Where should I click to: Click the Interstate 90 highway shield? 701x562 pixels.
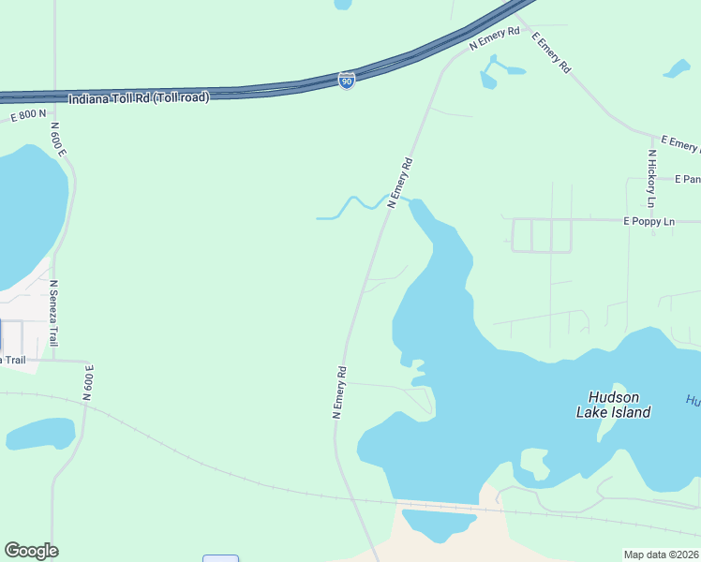coord(347,81)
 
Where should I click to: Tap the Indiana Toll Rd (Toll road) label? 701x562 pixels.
coord(139,97)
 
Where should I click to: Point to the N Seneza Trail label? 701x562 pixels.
coord(53,313)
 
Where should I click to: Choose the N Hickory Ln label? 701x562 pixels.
coord(650,178)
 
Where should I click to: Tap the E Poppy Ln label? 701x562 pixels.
coord(649,222)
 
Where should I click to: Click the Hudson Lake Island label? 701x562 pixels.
coord(619,405)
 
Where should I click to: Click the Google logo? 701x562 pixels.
coord(31,551)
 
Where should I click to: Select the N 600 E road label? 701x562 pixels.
coord(58,139)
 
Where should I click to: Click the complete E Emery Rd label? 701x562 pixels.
coord(550,52)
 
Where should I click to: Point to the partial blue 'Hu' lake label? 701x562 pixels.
coord(693,400)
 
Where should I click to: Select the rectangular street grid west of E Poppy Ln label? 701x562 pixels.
coord(541,235)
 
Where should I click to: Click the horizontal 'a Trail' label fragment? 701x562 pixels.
coord(12,360)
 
